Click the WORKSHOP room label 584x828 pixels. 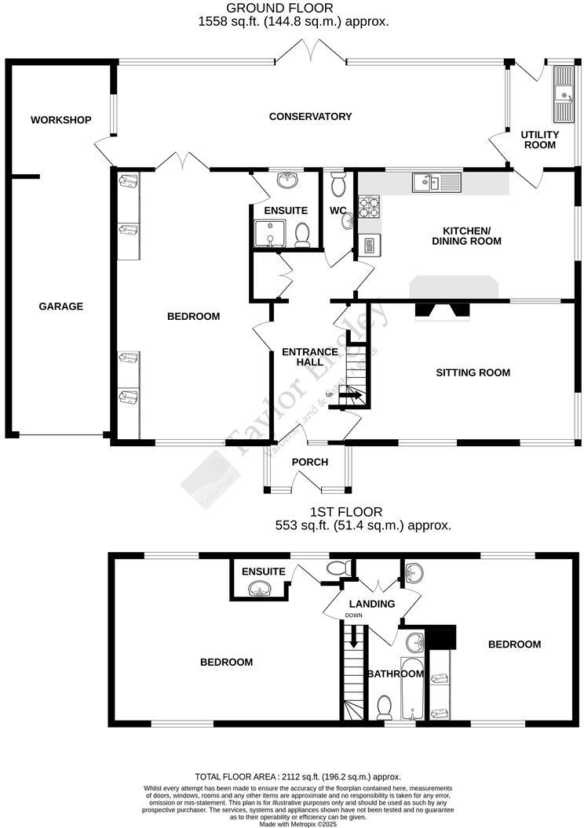coord(60,120)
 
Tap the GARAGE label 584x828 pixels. coord(60,306)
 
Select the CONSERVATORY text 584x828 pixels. coord(310,116)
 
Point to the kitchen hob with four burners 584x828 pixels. coord(368,208)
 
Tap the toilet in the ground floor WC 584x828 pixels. coord(338,185)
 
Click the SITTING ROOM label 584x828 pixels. coord(473,372)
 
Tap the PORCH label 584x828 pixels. coord(309,462)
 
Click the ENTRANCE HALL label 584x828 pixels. coord(310,357)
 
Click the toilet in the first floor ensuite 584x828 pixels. coord(335,567)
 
